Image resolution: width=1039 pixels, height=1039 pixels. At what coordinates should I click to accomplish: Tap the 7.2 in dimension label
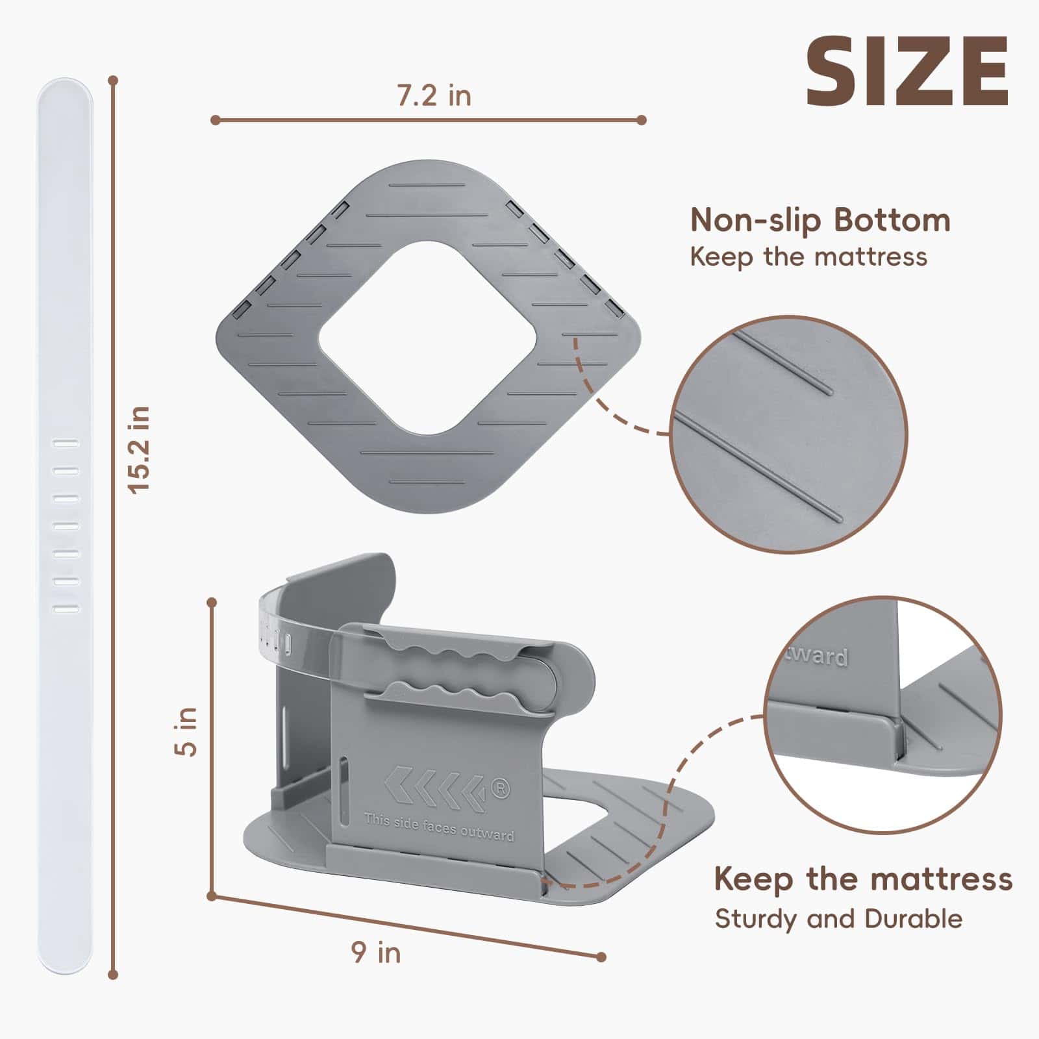(x=434, y=95)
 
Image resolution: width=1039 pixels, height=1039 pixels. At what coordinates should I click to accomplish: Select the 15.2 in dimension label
(x=140, y=449)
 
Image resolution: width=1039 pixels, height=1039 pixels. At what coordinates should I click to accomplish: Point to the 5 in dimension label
(x=186, y=731)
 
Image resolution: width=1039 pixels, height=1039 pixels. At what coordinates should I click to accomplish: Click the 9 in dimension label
(x=376, y=953)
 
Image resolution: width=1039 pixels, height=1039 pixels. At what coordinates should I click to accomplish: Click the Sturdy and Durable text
(x=838, y=919)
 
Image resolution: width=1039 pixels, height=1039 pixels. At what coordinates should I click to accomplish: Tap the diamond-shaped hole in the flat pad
(x=427, y=338)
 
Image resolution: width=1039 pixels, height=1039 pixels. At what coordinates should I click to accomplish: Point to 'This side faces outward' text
(x=439, y=827)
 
